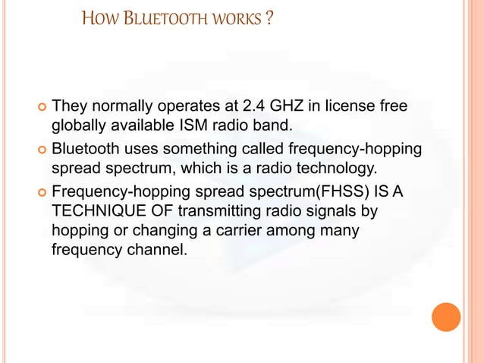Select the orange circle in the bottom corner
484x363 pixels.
click(446, 317)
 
